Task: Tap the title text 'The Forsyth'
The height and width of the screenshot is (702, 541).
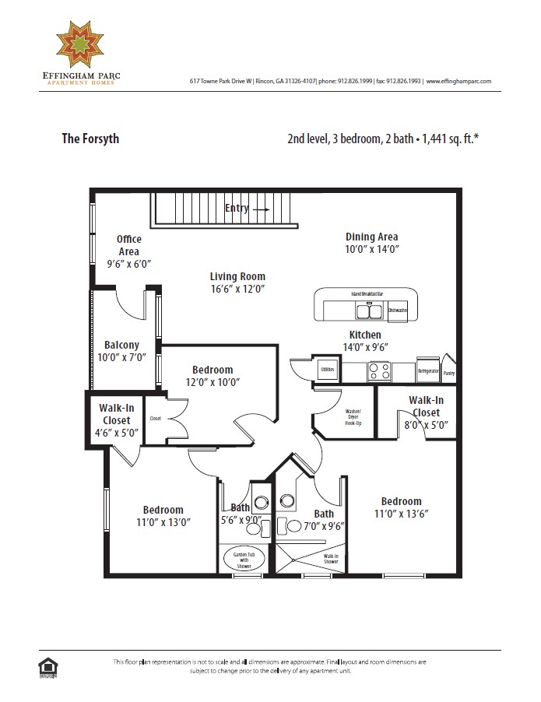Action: [90, 139]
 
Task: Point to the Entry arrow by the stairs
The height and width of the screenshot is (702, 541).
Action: [261, 209]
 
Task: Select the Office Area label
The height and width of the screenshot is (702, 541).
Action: [128, 245]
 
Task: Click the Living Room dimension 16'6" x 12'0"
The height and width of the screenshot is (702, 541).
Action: [237, 289]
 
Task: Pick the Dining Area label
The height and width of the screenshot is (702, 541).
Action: [371, 237]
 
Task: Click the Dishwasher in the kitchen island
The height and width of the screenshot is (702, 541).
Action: [397, 311]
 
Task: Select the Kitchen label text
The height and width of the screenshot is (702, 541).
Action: [364, 335]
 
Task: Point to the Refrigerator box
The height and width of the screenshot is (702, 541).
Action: [427, 372]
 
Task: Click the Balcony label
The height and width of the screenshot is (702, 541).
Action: [121, 345]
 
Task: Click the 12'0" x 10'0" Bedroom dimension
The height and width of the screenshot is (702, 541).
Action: [213, 382]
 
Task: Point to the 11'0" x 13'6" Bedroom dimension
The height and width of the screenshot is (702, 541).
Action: [401, 514]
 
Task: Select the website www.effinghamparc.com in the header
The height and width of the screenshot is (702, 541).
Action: [458, 81]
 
